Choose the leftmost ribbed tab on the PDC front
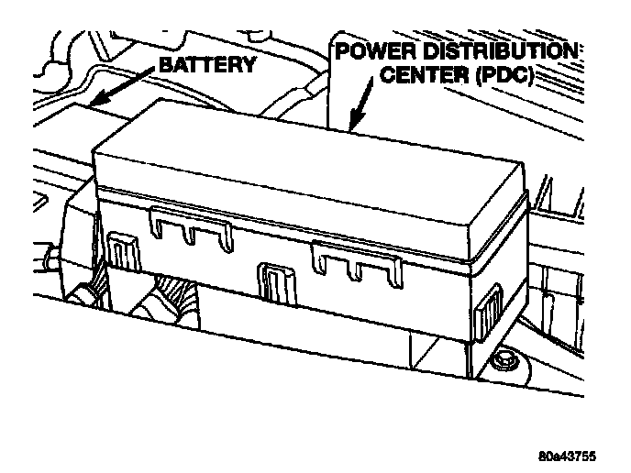[x=120, y=250]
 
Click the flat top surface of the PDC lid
[x=303, y=165]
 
